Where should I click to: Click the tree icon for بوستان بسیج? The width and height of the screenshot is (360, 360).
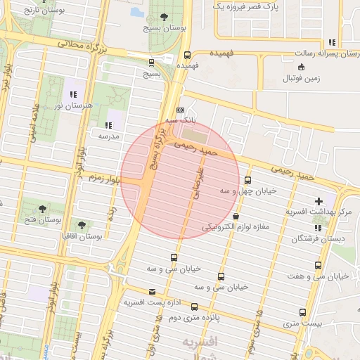point(165,17)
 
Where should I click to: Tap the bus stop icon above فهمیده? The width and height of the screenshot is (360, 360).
point(187,55)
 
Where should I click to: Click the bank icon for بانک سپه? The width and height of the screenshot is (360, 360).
point(181,110)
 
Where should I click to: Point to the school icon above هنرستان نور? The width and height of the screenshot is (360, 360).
point(72,94)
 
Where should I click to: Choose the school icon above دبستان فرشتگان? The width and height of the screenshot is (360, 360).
point(319,228)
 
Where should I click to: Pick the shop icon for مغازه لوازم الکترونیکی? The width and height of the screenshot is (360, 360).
point(235,216)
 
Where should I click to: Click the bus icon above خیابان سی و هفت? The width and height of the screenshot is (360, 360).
point(319,266)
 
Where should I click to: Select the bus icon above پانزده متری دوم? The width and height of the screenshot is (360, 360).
point(194,307)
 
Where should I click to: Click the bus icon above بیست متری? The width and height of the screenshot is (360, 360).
point(303,313)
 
